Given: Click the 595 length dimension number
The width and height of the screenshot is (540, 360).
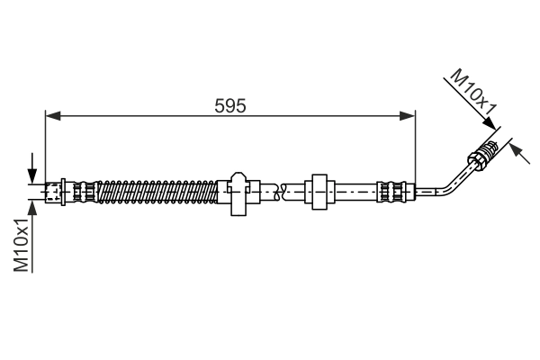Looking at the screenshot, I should [x=230, y=104].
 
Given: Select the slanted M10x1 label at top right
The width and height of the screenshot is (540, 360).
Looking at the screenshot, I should [x=474, y=95].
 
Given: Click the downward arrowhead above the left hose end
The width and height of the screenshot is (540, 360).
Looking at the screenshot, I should [x=33, y=175].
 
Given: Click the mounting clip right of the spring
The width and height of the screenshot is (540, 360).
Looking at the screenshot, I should [x=239, y=193].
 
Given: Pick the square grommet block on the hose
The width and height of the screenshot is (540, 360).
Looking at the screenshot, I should [x=319, y=191].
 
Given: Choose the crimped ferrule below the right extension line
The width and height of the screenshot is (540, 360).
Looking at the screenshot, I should [x=392, y=191].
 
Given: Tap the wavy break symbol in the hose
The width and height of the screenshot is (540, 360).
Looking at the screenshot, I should [x=281, y=191].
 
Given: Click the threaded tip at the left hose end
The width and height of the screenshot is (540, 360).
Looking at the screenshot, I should [x=50, y=191].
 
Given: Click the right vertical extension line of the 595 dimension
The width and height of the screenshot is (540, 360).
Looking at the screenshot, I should [x=416, y=148].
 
